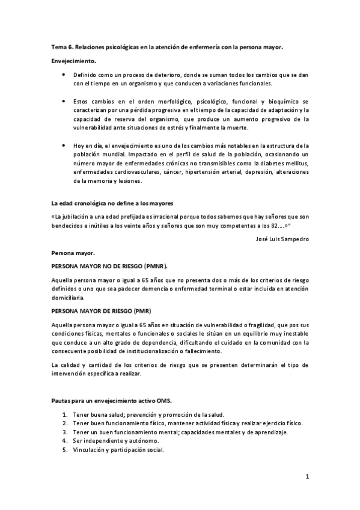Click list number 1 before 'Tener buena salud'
(64, 415)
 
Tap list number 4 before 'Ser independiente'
(64, 440)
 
